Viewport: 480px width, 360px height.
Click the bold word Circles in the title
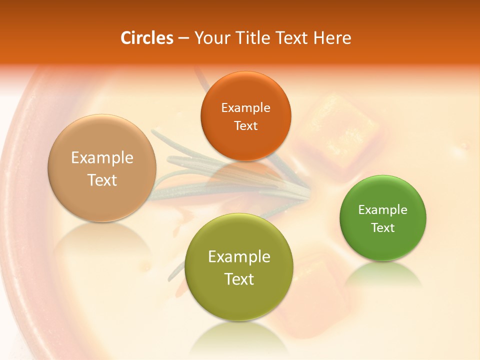pos(147,38)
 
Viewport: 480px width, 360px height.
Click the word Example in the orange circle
pos(245,108)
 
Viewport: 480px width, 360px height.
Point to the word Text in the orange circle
pos(245,126)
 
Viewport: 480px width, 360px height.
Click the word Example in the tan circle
pos(102,158)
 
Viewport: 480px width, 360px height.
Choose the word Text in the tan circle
pos(102,180)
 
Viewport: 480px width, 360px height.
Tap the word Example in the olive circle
pos(239,257)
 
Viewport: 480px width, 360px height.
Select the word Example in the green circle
pos(383,210)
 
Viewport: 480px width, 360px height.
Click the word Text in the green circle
pos(383,228)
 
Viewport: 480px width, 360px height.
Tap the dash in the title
pos(183,38)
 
